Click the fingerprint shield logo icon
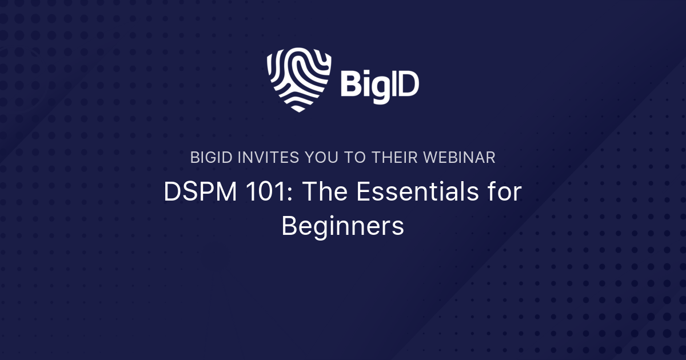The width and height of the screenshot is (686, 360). point(299,79)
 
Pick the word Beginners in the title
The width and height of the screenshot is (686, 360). point(343,226)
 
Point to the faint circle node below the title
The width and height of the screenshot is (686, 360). point(215,256)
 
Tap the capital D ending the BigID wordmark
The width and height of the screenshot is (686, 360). point(408,85)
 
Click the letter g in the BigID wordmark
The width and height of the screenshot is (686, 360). point(377,89)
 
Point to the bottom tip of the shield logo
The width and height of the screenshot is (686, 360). point(298,110)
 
